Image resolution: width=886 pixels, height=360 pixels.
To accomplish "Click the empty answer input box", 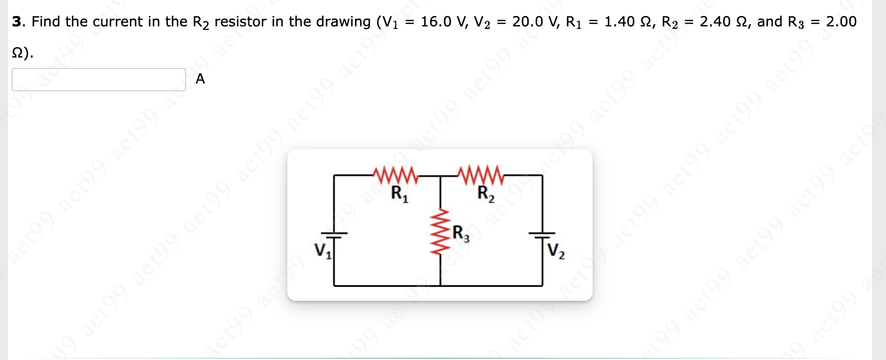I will [x=99, y=80].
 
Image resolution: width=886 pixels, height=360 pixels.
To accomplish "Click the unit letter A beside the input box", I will [x=200, y=79].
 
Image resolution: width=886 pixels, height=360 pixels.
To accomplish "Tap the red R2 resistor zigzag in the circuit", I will [x=481, y=174].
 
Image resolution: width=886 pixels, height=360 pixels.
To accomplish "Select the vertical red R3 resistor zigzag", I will [x=440, y=232].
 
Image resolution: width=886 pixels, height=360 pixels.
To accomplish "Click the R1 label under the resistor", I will [x=399, y=193].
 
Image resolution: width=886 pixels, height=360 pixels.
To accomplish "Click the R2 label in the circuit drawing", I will [x=486, y=193].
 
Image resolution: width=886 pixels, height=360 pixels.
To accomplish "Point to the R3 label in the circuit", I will [x=461, y=234].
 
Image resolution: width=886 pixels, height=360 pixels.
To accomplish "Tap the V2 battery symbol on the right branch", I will [x=543, y=235].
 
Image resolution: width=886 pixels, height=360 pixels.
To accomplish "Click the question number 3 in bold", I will [x=16, y=22].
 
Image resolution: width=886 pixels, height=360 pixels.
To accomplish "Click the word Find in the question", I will [x=46, y=22].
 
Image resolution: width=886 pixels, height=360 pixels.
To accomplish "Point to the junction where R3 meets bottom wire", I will [x=440, y=286].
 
